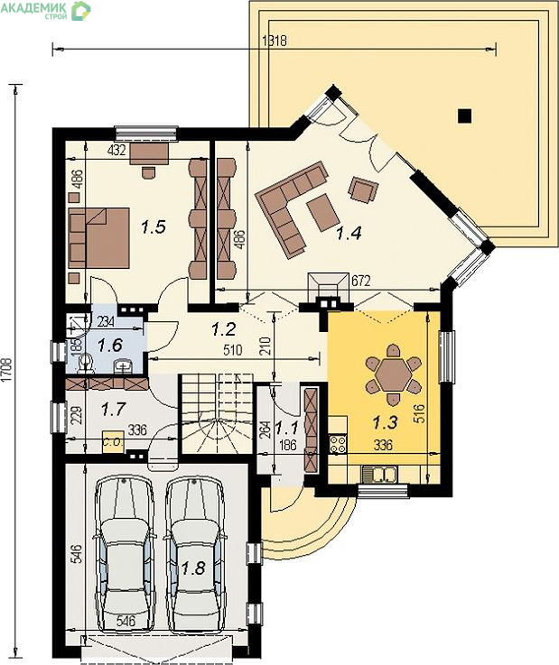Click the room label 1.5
tap(154, 227)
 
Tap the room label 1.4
tap(349, 233)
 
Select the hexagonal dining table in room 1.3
tap(394, 374)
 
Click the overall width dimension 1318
tap(275, 41)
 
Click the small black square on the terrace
tap(465, 115)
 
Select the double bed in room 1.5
tap(99, 237)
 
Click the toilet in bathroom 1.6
tap(87, 364)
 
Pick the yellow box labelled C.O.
tap(113, 442)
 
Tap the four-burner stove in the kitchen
tap(338, 444)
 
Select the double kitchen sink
tap(379, 474)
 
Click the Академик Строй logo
tap(45, 10)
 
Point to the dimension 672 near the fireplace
tap(361, 281)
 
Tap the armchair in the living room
tap(364, 189)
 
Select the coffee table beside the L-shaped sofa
tap(322, 212)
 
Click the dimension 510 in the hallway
tap(233, 349)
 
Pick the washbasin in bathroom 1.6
tap(125, 365)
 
